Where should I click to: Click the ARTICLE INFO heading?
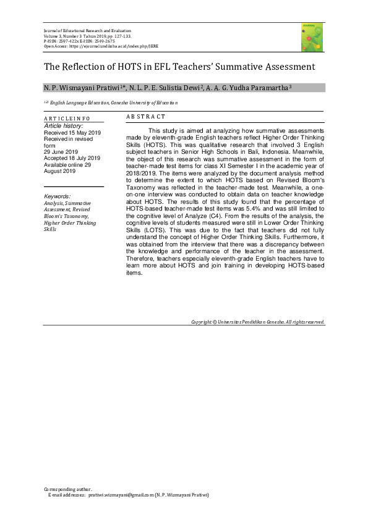tap(67, 118)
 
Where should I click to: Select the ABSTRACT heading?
tap(145, 117)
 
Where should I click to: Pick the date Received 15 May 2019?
tap(72, 132)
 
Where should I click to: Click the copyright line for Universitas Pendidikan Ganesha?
tap(258, 322)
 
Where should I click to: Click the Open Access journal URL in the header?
tap(124, 45)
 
